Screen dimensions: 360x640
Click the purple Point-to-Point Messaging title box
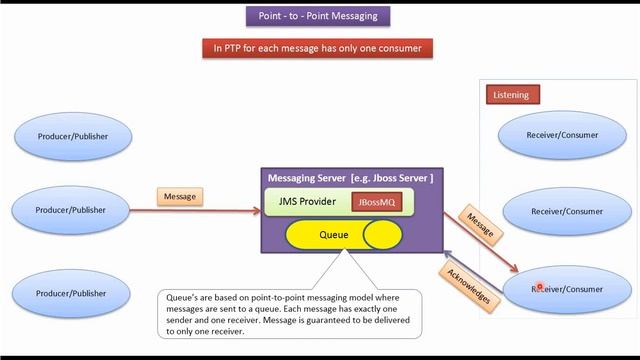318,16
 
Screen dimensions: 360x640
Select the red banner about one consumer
317,47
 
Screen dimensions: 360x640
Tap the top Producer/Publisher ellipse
73,135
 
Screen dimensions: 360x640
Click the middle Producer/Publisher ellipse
73,210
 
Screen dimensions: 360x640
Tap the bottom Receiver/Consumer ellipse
567,289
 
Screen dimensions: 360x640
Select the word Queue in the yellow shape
333,236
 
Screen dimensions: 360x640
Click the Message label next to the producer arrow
181,196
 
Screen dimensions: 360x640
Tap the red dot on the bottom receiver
540,287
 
